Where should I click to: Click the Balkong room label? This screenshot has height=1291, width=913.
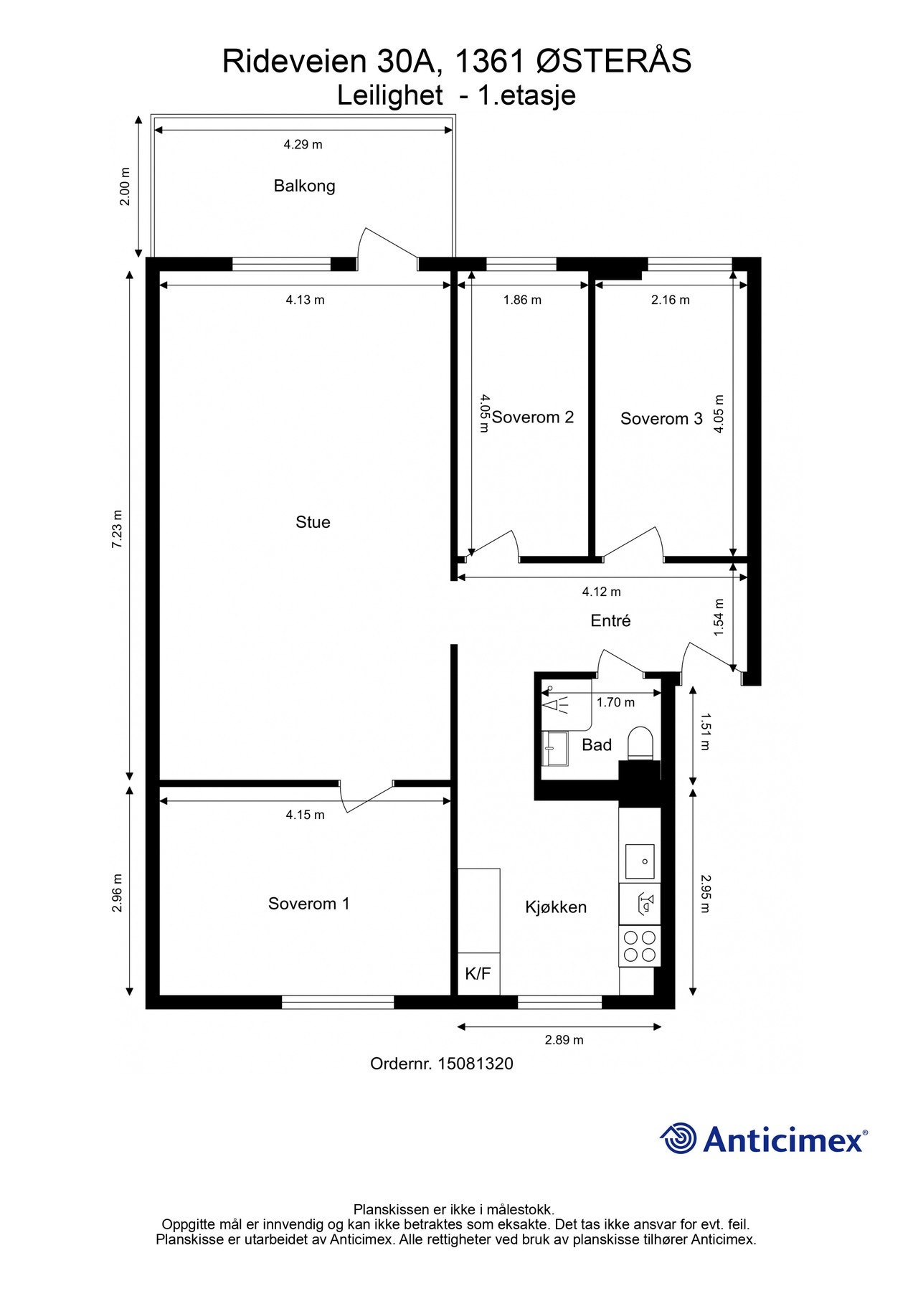click(x=304, y=186)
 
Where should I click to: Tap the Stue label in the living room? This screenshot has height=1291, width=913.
click(x=313, y=522)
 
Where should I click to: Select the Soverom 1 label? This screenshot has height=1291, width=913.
click(x=308, y=904)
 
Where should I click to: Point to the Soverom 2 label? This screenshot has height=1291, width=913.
click(x=533, y=417)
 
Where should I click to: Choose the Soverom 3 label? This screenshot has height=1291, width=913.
click(x=661, y=419)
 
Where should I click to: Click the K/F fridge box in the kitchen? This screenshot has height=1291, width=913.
click(x=478, y=974)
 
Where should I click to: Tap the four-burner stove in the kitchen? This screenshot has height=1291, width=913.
click(x=640, y=946)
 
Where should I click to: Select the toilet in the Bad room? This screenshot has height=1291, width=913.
click(x=640, y=743)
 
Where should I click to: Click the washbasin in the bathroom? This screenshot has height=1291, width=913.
click(x=554, y=749)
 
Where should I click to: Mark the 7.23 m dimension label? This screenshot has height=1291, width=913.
click(x=117, y=529)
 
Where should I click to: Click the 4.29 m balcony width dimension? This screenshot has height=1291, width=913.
click(x=303, y=144)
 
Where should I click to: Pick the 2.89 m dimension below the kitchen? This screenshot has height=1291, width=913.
click(x=564, y=1040)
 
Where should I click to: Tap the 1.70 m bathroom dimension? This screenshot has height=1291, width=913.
click(x=615, y=703)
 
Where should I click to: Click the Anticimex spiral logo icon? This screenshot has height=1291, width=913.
click(x=678, y=1138)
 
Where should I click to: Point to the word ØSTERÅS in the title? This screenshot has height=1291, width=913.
click(x=614, y=61)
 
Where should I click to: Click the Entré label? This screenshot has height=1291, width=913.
click(x=610, y=620)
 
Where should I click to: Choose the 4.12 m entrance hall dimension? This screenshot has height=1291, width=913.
click(x=601, y=592)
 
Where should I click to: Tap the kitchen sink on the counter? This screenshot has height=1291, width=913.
click(x=640, y=861)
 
